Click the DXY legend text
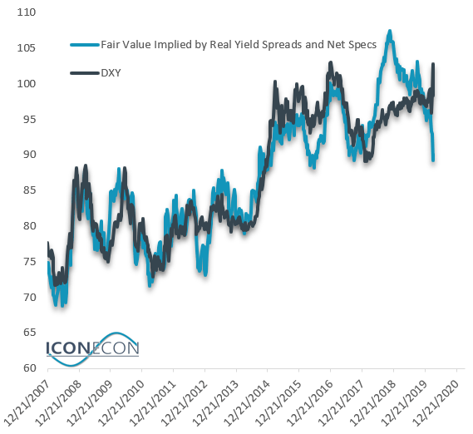pyautogui.click(x=111, y=74)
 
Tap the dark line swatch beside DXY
pyautogui.click(x=84, y=74)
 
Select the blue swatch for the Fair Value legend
pyautogui.click(x=84, y=43)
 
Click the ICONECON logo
pyautogui.click(x=91, y=350)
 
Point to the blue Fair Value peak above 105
pyautogui.click(x=388, y=32)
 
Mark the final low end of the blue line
pyautogui.click(x=433, y=160)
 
